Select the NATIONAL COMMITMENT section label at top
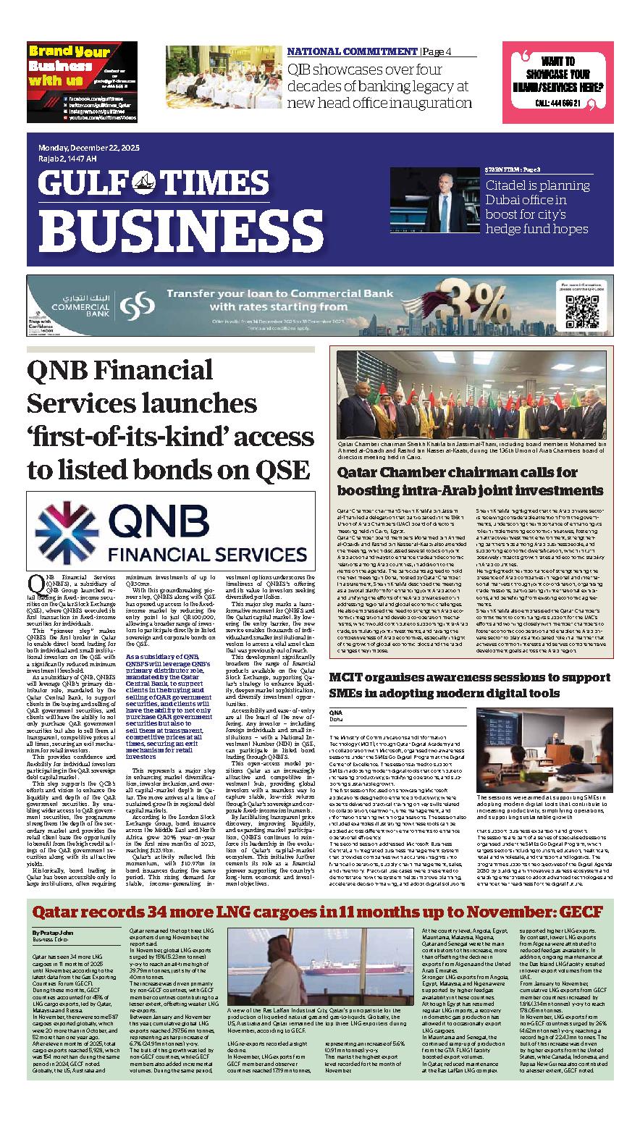(352, 51)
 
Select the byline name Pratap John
(53, 931)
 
